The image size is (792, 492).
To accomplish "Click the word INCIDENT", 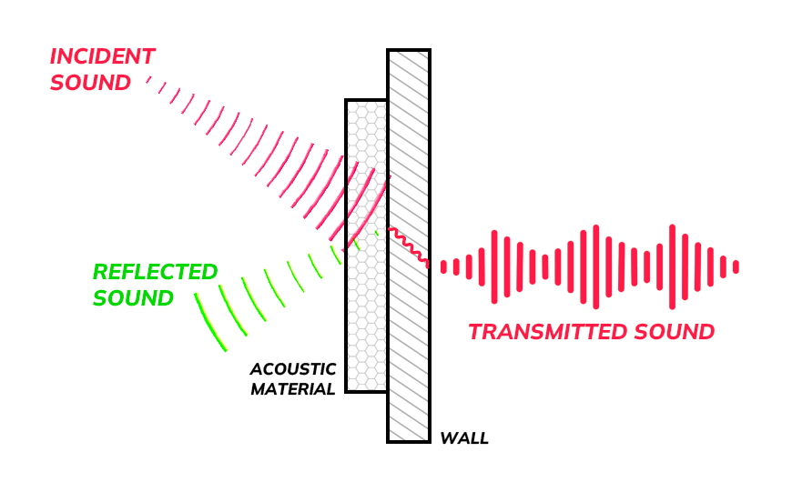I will [x=102, y=56].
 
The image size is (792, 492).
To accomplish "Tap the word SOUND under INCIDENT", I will [x=90, y=83].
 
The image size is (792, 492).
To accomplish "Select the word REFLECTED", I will [x=155, y=272].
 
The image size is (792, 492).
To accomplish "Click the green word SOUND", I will [x=133, y=298].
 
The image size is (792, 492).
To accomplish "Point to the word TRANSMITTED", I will [x=547, y=332].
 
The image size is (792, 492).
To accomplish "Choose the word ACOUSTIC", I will [x=293, y=369].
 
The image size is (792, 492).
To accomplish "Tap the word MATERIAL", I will [x=293, y=388].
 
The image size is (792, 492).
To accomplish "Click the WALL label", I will [x=464, y=438].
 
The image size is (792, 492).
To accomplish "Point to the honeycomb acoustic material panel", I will [x=366, y=327].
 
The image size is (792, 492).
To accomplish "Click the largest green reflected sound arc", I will [x=208, y=322].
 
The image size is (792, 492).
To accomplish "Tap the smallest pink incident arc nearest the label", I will [x=148, y=82].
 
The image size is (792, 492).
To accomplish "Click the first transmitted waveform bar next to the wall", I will [x=443, y=266].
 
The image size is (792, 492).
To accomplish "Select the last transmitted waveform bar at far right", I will [x=736, y=266].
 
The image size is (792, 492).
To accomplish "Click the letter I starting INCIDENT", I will [x=54, y=56].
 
